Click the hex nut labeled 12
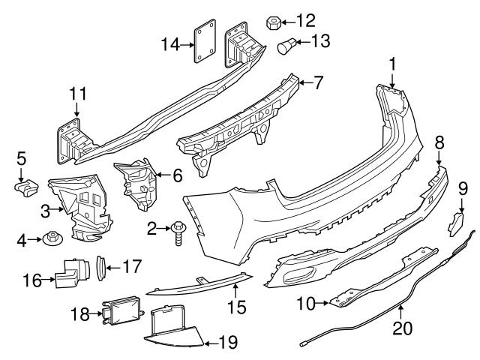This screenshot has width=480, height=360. pos(273,23)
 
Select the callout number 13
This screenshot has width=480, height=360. pos(321,41)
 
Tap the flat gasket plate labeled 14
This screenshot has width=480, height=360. pos(205,41)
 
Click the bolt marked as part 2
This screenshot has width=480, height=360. pos(178,233)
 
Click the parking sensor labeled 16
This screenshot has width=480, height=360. pos(73,272)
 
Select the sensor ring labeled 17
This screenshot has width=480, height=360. pos(101,268)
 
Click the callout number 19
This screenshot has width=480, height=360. pos(228,342)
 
